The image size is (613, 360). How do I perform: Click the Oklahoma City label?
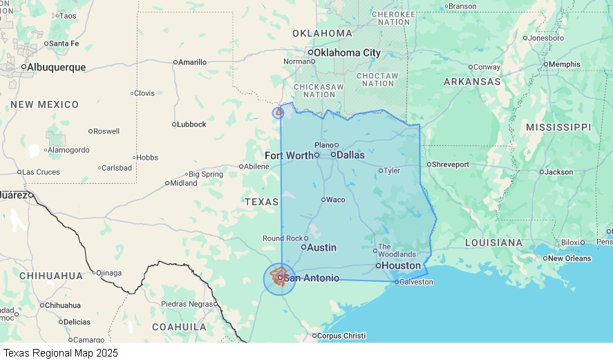[347, 53]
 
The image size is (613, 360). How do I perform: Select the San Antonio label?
[312, 278]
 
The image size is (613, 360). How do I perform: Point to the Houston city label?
[401, 265]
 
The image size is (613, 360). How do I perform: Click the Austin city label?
[321, 247]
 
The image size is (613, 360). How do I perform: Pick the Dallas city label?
[350, 155]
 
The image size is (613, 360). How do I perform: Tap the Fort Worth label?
[289, 155]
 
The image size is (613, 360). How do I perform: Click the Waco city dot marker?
[323, 200]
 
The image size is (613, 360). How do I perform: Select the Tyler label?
[392, 171]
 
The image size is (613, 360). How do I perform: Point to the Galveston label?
[416, 282]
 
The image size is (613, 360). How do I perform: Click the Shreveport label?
[451, 164]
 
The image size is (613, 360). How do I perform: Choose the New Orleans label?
[569, 258]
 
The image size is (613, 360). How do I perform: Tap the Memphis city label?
[565, 64]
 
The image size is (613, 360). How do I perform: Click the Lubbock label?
[191, 124]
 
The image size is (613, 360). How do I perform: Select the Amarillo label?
[193, 62]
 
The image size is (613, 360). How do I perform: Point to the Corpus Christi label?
[341, 336]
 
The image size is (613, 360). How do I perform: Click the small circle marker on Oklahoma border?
[279, 113]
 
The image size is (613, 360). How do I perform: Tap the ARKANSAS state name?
[472, 82]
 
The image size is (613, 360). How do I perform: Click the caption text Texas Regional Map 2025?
[59, 353]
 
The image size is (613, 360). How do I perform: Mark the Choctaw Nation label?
[378, 79]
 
